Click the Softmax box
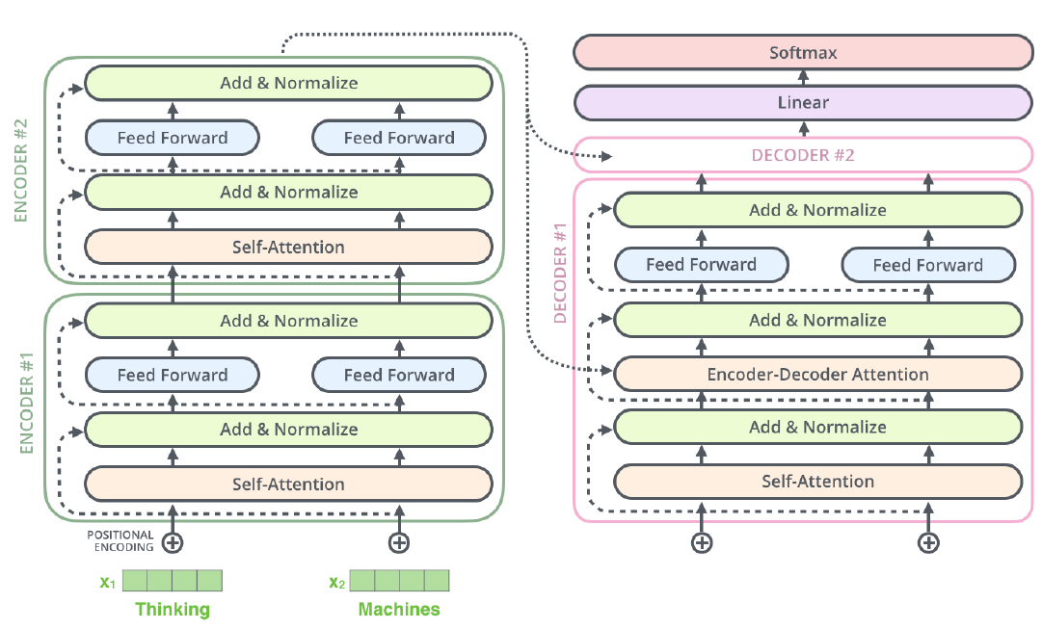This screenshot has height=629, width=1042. point(803,53)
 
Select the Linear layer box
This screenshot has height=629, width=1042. point(803,103)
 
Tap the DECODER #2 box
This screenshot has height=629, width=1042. point(803,155)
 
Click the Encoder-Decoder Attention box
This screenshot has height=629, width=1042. point(817,374)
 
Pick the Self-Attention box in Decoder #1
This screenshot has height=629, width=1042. point(817,481)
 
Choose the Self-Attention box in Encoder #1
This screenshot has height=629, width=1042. point(288,484)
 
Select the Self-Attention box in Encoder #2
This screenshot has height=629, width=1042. point(288,247)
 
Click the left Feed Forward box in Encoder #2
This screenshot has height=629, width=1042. point(173,138)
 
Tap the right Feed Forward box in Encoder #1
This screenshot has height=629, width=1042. point(399,375)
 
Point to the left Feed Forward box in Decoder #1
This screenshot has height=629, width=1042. point(701,265)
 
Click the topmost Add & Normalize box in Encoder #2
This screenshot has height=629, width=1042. point(288,83)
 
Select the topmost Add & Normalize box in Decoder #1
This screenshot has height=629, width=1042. point(817,210)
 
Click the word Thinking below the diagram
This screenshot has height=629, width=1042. point(173,609)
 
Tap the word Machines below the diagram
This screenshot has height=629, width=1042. point(399,609)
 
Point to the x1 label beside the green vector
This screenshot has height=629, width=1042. point(106,582)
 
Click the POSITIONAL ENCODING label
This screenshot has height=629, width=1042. point(120,541)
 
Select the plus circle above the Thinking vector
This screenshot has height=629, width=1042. point(173,542)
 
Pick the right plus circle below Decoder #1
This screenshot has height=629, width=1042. point(928,542)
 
